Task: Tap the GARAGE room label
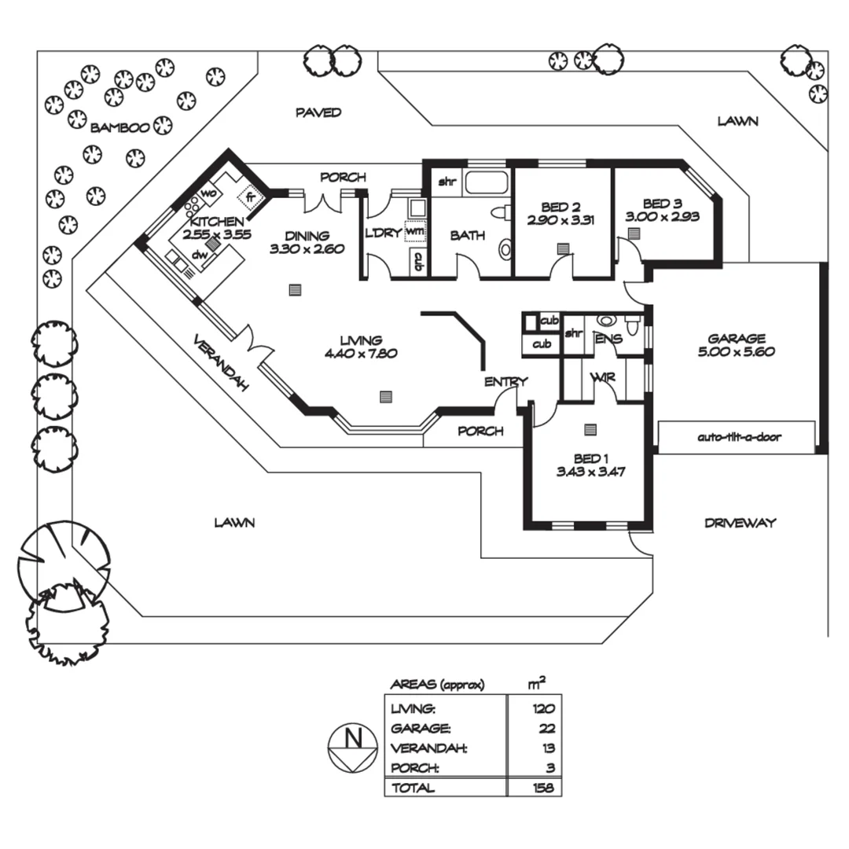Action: [736, 339]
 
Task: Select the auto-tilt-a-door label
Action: [739, 437]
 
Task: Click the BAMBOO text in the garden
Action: [119, 127]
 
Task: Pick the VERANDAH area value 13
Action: [548, 748]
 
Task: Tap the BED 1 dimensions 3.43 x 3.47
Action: [591, 473]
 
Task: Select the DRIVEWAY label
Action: [740, 523]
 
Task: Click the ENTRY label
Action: [505, 382]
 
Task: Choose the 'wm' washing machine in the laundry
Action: [414, 232]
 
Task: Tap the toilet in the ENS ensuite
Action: [632, 324]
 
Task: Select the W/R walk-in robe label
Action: [604, 378]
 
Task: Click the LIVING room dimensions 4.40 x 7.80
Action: [361, 353]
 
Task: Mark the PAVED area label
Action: [318, 112]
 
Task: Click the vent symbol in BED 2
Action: [563, 248]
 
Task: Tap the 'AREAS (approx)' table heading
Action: [437, 685]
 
